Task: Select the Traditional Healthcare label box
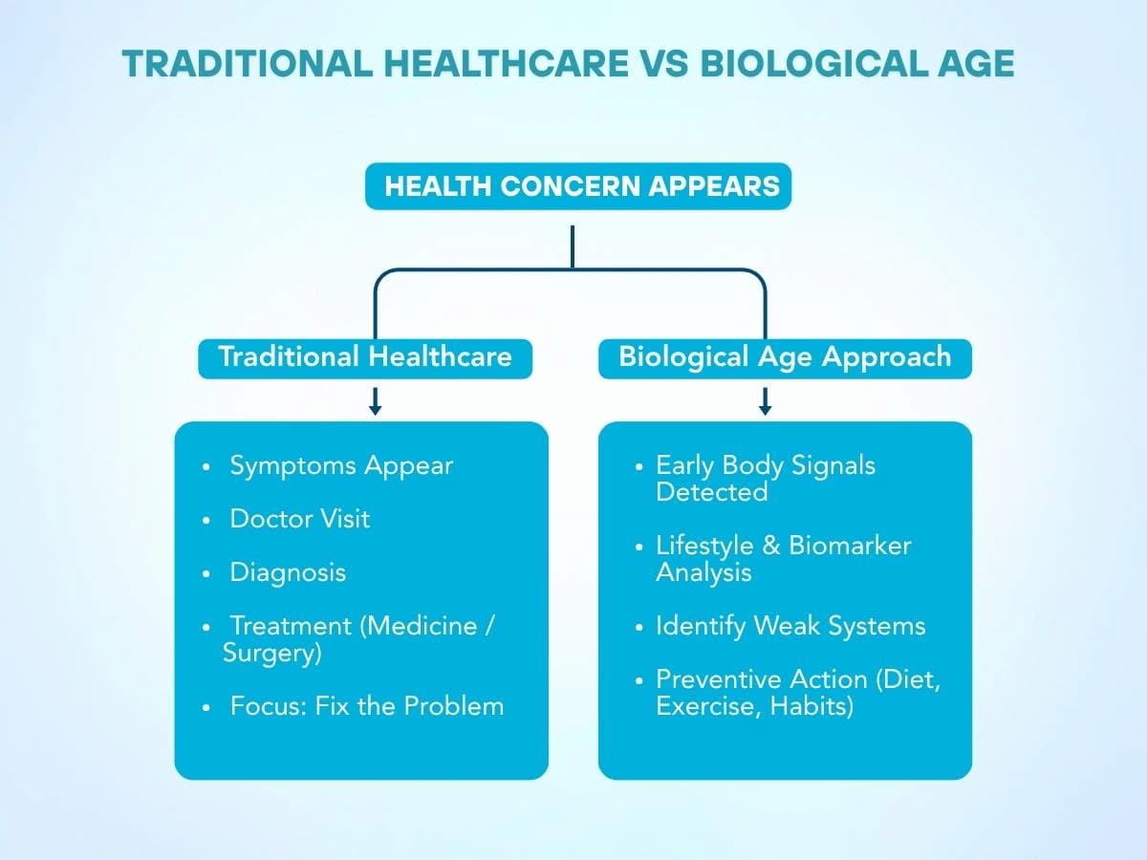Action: tap(365, 357)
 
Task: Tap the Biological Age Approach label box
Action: tap(785, 357)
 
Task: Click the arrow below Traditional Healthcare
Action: tap(375, 401)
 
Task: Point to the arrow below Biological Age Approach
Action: tap(765, 401)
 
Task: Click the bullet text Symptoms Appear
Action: tap(341, 466)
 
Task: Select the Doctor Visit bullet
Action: tap(299, 520)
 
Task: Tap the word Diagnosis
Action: tap(288, 573)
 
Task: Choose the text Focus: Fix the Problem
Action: tap(366, 707)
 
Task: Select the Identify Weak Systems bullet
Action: tap(790, 627)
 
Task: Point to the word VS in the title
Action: tap(664, 64)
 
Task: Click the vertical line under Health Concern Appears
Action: tap(572, 247)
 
